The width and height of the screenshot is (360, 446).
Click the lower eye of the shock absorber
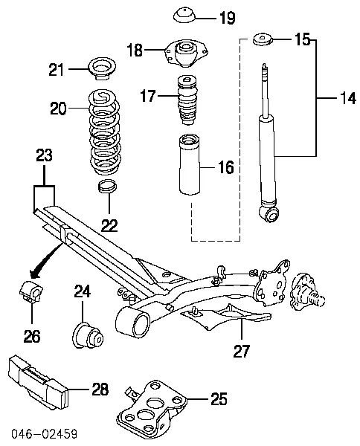[x=269, y=214]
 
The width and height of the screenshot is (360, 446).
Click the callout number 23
[x=45, y=156]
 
